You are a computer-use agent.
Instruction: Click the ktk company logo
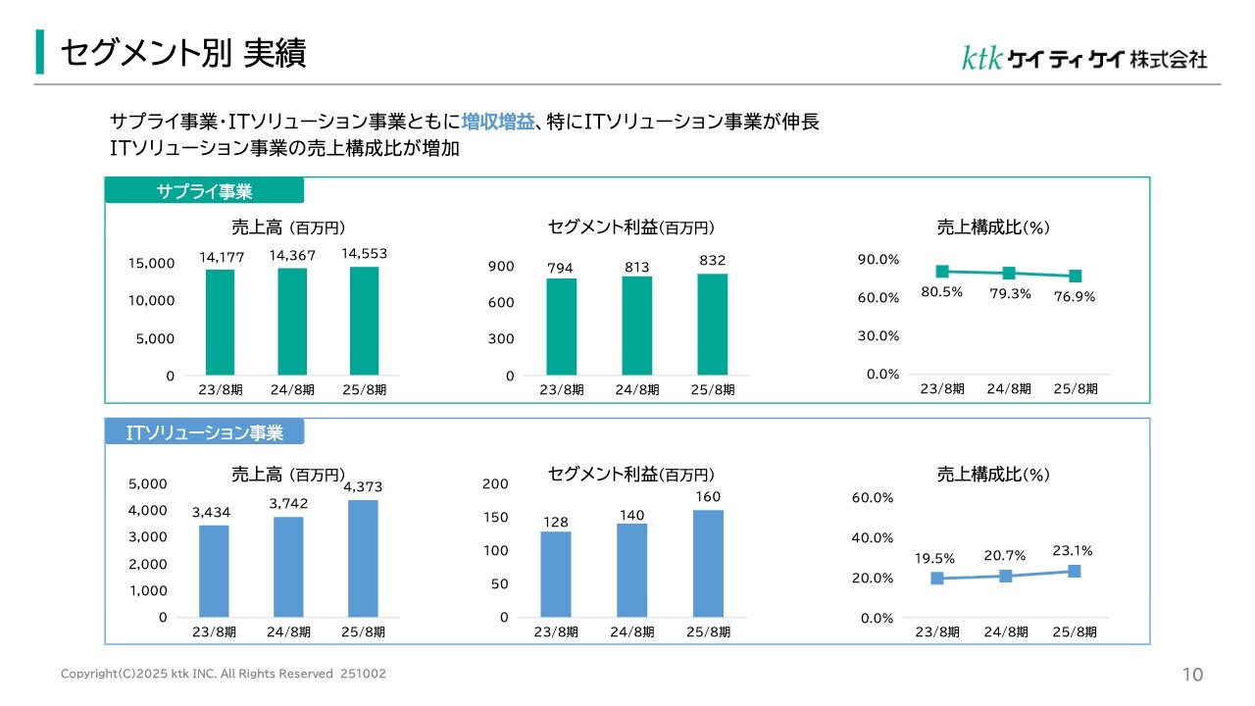pos(1083,59)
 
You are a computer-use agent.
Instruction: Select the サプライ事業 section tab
pos(204,191)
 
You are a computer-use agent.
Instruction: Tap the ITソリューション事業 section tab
pos(204,432)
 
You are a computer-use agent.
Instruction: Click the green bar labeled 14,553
pos(364,322)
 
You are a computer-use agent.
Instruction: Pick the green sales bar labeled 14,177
pos(220,323)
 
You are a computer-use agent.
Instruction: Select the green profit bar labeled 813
pos(636,326)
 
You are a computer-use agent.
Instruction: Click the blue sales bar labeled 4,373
pos(363,558)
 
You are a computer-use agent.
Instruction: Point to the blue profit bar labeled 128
pos(555,574)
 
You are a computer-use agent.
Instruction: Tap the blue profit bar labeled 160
pos(708,563)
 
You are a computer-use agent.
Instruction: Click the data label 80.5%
pos(941,291)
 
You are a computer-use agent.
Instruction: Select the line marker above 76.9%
pos(1076,277)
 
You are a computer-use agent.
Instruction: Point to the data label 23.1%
pos(1073,551)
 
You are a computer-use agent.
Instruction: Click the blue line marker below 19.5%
pos(937,579)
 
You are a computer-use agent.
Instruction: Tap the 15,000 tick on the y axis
pos(151,263)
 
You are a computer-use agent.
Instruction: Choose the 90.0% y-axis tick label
pos(878,259)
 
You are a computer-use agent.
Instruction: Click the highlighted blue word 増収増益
pos(498,123)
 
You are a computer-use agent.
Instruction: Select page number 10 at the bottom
pos(1193,675)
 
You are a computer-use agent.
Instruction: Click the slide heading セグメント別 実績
pos(183,54)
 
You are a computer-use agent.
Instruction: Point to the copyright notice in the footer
pos(224,675)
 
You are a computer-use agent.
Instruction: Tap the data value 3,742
pos(288,503)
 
